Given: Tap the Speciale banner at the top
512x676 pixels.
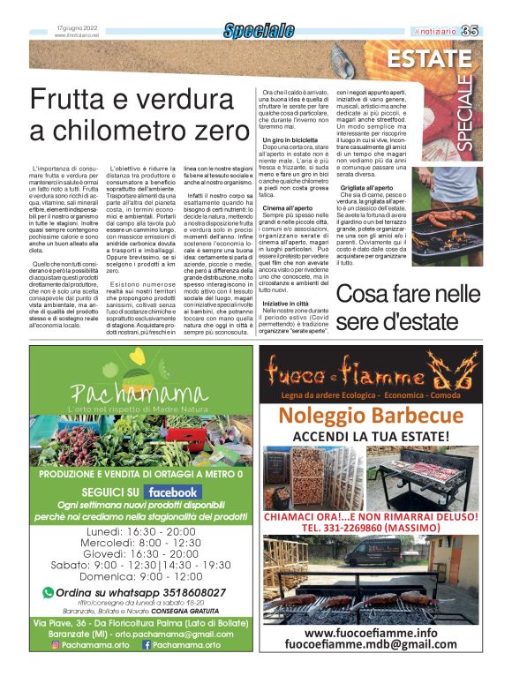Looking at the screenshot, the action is point(259,31).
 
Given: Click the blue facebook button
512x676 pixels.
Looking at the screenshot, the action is point(172,492).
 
